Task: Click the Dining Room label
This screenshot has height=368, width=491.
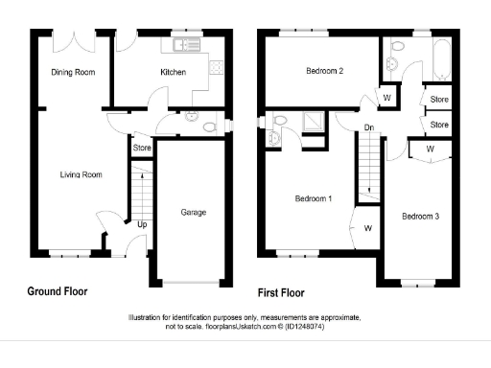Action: [72, 72]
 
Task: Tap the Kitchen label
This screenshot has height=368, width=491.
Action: [173, 72]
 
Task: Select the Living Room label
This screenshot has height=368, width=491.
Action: [81, 174]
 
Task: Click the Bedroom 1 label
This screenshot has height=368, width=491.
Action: [313, 198]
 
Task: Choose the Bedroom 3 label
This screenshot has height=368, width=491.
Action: [420, 217]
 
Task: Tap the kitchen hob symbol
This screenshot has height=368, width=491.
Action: [217, 68]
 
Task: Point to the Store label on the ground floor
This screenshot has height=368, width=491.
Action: [142, 149]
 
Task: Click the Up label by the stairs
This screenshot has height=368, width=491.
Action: [143, 224]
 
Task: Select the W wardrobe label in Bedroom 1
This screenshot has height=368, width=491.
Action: [368, 228]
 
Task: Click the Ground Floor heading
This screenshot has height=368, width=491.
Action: [59, 291]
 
